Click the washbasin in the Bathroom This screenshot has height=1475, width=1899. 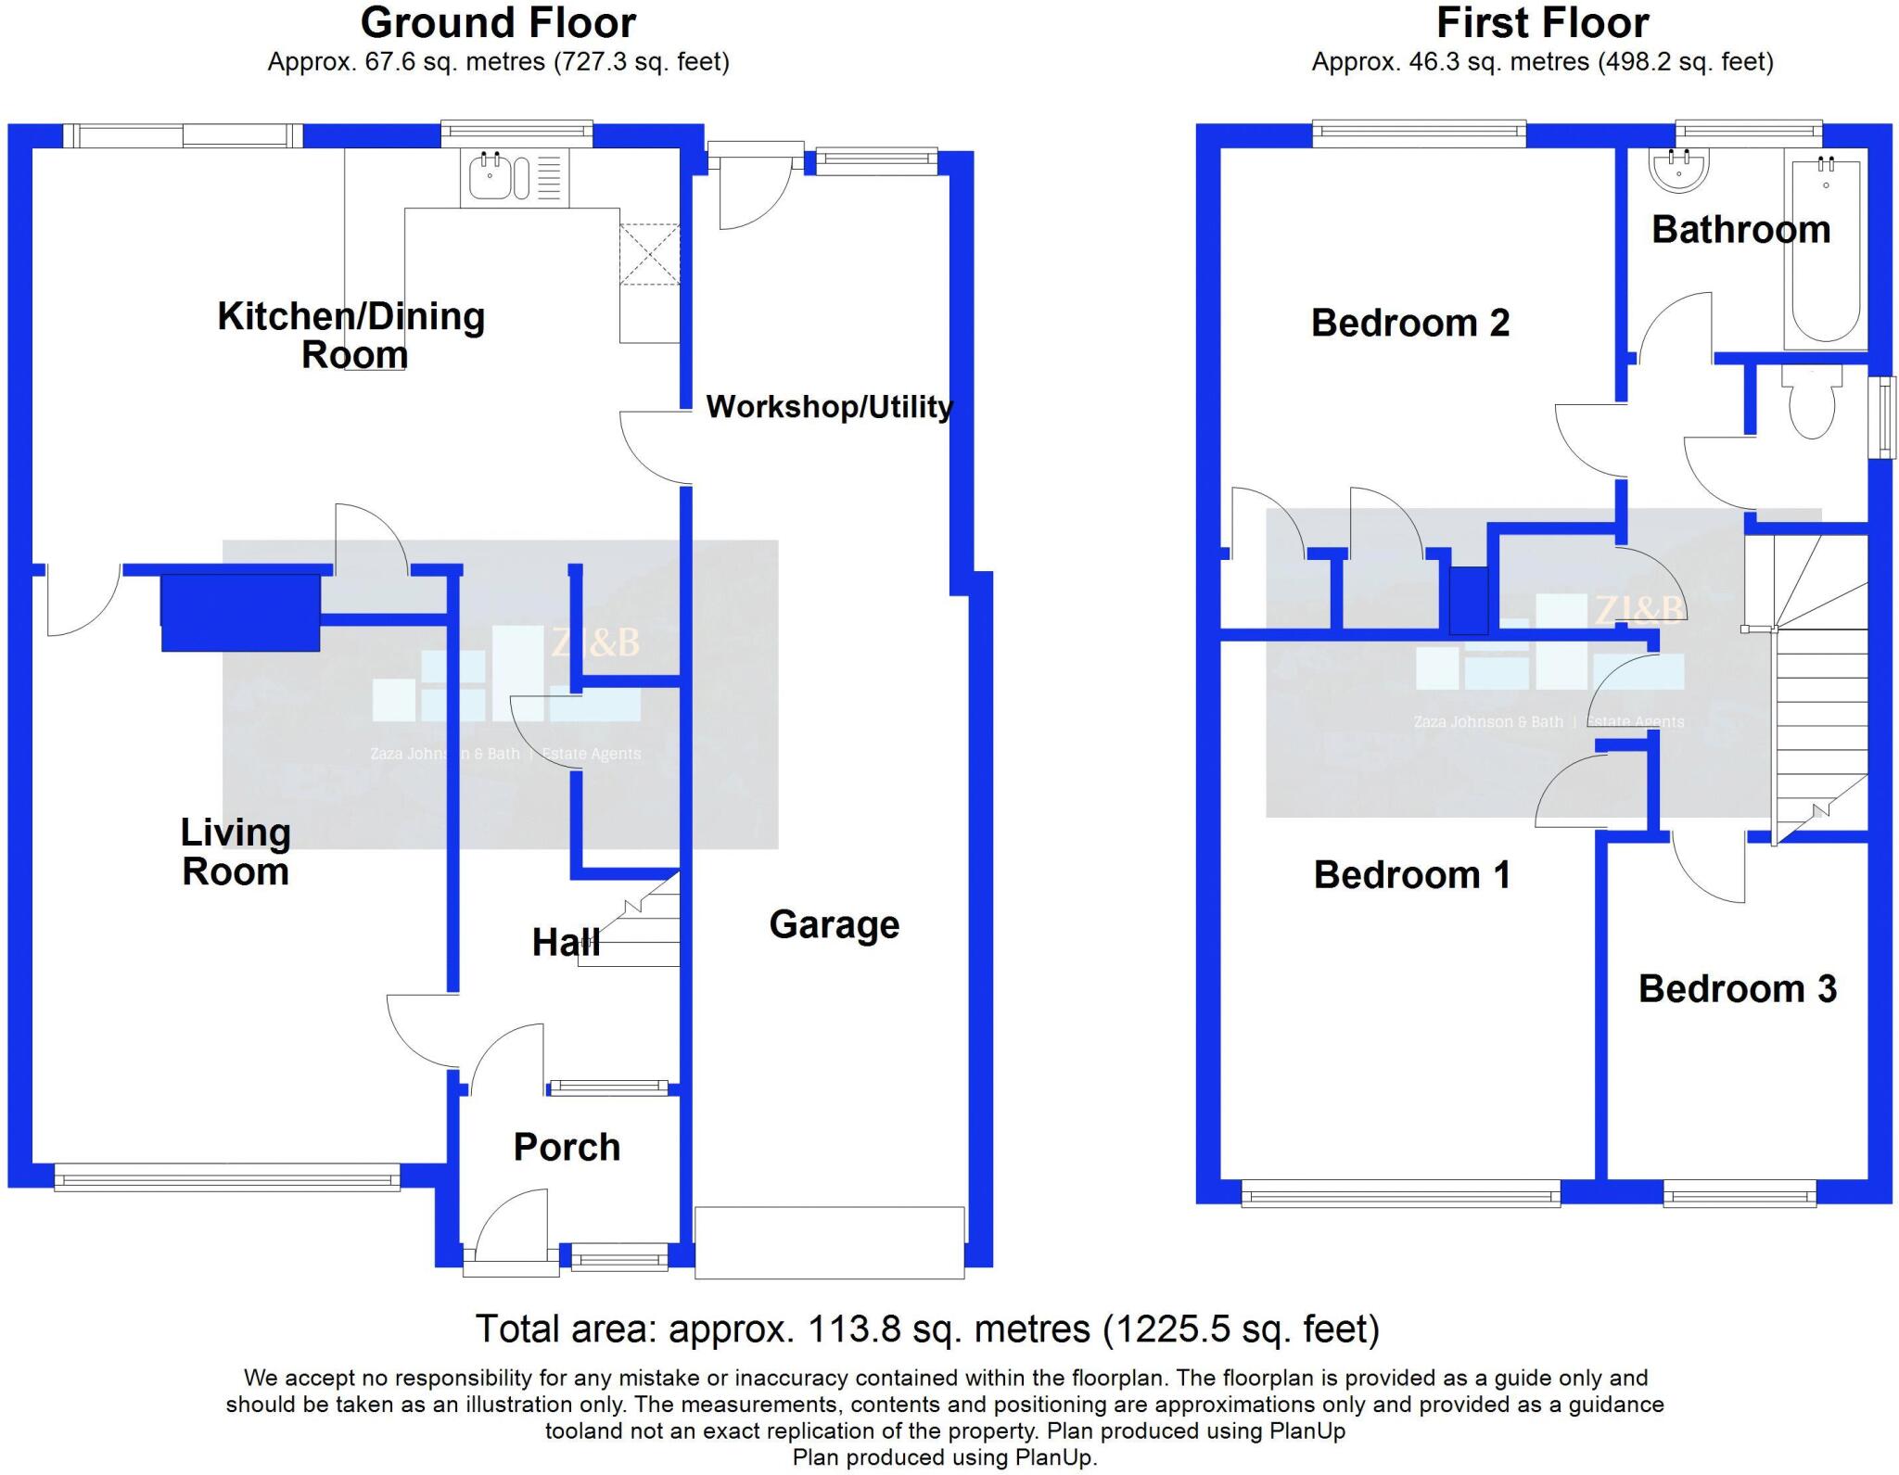(1678, 172)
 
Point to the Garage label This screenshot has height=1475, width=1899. (834, 924)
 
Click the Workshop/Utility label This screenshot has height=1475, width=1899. (829, 406)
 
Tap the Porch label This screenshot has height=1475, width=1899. (567, 1148)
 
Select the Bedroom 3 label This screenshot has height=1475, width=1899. (1737, 989)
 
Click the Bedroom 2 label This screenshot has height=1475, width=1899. (1409, 323)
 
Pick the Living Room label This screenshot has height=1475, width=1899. (236, 852)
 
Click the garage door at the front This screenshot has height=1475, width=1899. (829, 1242)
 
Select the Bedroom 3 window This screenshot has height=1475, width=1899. (1740, 1193)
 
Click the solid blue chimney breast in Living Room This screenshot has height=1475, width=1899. (240, 612)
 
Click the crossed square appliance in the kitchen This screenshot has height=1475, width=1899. (650, 254)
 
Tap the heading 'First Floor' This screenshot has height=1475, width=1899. (1542, 22)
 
